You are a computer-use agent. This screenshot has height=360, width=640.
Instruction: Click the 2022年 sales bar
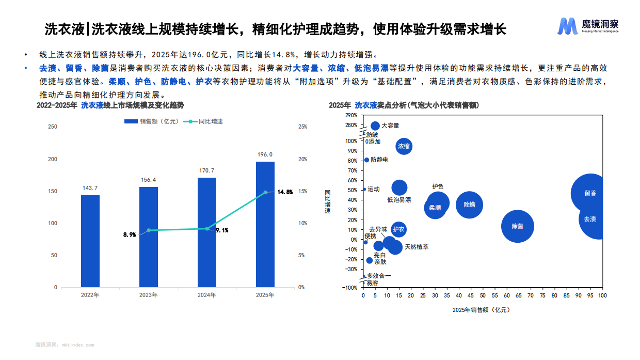coord(90,241)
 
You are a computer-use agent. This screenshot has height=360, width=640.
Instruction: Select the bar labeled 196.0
coord(265,224)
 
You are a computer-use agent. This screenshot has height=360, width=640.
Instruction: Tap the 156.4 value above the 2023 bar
coord(149,180)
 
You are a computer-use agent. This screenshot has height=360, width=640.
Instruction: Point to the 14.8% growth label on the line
coord(285,192)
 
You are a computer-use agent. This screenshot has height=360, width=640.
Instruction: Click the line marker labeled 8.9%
coord(149,230)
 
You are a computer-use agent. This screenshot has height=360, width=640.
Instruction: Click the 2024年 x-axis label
coord(207,295)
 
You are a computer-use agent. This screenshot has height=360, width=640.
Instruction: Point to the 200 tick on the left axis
coord(53,159)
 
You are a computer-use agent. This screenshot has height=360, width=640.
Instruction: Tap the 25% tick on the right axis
coord(302,127)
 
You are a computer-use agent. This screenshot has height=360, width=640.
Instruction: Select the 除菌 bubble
coord(517,226)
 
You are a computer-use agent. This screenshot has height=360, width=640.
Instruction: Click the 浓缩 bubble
coord(404,146)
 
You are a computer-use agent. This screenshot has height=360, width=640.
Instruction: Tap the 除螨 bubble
coord(469,205)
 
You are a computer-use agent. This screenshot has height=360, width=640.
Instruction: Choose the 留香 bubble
coord(590,193)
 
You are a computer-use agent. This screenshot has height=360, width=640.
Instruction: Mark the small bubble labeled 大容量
coord(375,126)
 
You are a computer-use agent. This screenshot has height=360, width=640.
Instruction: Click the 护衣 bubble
coord(398,229)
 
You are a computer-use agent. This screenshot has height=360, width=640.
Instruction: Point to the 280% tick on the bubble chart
coord(351,125)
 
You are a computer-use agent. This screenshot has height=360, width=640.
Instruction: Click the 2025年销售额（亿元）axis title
coord(481,310)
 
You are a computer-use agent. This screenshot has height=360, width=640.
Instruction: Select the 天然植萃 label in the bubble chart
coord(417,247)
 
